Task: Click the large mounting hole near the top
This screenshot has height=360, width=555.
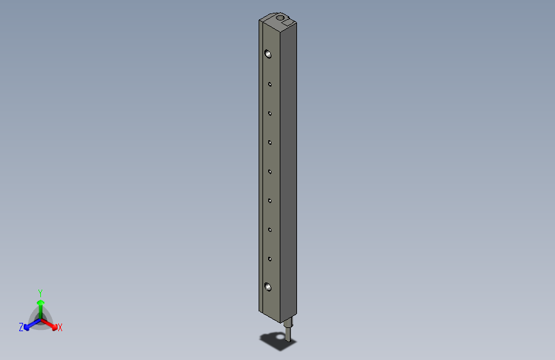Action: click(x=268, y=54)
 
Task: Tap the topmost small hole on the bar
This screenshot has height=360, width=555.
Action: click(x=270, y=83)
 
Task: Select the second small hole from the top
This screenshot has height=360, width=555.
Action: click(x=270, y=113)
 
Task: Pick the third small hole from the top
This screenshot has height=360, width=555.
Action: click(x=270, y=142)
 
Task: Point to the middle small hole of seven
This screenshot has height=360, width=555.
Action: click(x=270, y=171)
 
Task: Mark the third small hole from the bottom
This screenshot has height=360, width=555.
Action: click(x=270, y=200)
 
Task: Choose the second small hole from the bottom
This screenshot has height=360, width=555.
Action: click(x=270, y=229)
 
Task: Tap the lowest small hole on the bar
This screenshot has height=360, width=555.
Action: click(x=270, y=259)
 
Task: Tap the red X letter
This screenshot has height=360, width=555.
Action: click(x=60, y=327)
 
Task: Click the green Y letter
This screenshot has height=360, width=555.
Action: click(x=40, y=292)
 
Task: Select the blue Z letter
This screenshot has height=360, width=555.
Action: click(x=21, y=327)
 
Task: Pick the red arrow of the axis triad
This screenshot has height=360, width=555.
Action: click(x=51, y=325)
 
